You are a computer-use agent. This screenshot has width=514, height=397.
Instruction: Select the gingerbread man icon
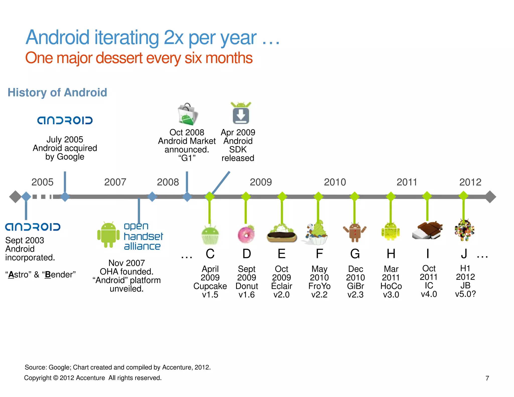355,232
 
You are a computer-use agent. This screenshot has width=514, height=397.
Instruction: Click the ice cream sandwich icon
427,230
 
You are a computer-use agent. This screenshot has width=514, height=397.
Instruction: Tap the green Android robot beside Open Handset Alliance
108,235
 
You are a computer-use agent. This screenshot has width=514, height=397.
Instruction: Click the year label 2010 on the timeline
335,182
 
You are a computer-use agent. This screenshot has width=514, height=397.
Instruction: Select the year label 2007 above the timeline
115,182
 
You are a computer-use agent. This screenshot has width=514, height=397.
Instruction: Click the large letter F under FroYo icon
319,254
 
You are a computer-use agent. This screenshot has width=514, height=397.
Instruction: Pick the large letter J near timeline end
464,254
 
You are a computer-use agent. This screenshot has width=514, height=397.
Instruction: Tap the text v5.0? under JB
465,294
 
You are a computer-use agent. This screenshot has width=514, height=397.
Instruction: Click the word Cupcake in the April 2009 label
210,286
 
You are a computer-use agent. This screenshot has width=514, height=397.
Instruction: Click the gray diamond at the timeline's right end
490,197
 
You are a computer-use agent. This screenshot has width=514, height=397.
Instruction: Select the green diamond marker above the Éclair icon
282,196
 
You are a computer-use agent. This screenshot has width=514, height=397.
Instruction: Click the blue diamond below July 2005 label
65,197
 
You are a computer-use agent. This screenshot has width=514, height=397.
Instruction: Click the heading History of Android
57,92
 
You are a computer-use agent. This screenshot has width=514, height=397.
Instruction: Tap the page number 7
487,378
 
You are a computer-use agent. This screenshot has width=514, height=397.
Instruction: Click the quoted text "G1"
187,158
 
